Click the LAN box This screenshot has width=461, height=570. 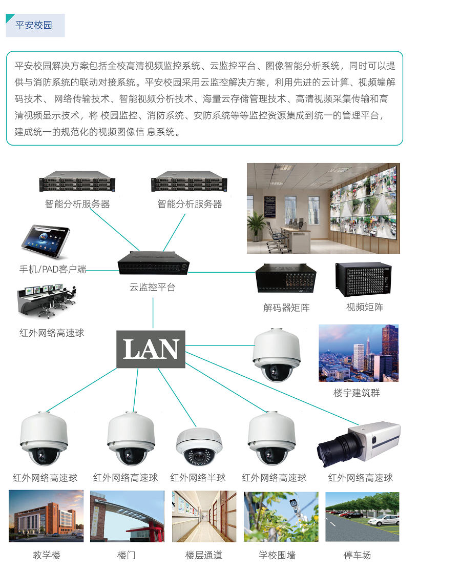[151, 349]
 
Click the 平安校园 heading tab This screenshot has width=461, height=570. [34, 25]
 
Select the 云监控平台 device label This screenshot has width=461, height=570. [153, 287]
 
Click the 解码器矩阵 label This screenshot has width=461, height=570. [286, 308]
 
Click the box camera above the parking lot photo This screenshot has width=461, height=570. [360, 442]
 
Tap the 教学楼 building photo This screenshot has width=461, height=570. [46, 516]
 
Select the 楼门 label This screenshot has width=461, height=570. [126, 555]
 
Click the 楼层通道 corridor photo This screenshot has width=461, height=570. [204, 516]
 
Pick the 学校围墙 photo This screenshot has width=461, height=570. [281, 516]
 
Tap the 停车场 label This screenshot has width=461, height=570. [357, 555]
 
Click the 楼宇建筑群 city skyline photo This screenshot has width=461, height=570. [359, 353]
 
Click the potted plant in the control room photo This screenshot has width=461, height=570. [257, 226]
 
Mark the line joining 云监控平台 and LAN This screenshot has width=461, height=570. [153, 313]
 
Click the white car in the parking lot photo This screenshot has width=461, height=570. [384, 521]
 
